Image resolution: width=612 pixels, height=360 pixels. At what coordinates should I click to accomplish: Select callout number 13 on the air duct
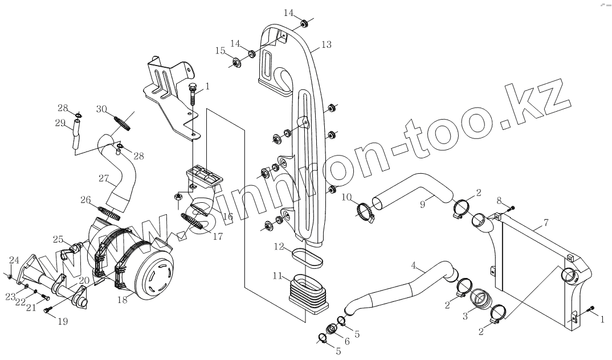click(x=326, y=44)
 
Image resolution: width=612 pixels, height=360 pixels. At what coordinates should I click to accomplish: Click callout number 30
click(x=102, y=109)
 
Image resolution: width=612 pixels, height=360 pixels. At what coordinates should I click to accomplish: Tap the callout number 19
click(x=63, y=322)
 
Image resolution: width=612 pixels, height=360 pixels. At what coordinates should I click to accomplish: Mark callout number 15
click(x=220, y=51)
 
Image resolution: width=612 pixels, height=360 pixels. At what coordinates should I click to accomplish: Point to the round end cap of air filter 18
click(x=154, y=277)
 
